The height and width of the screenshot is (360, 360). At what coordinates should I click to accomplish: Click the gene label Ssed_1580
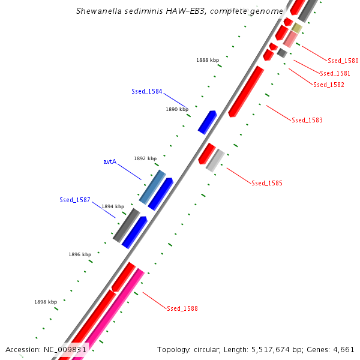point(343,61)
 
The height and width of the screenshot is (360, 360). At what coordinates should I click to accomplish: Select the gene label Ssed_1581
point(335,73)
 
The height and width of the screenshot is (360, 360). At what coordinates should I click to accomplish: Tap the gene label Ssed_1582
point(329,85)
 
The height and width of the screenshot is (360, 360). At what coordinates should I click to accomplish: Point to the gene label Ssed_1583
point(307,120)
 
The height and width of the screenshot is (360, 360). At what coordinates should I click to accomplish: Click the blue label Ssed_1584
point(147,91)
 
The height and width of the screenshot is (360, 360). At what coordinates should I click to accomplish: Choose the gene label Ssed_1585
point(267,183)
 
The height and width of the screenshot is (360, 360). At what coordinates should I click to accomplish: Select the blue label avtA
point(109,161)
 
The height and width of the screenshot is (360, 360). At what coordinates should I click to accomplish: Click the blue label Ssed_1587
point(75,200)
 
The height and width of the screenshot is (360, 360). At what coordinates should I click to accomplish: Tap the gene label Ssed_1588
point(182,308)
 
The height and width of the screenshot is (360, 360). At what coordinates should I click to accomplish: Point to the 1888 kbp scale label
point(208,60)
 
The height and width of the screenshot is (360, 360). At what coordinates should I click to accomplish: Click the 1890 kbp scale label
point(177,109)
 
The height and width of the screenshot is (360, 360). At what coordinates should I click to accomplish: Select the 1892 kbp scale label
point(145,158)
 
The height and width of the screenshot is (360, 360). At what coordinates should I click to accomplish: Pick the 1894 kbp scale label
point(113,206)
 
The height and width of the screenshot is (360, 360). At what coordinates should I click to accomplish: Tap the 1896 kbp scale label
point(80,254)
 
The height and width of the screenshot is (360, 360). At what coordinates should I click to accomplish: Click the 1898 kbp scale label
point(46,302)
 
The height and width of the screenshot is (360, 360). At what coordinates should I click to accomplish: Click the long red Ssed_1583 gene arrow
point(246,91)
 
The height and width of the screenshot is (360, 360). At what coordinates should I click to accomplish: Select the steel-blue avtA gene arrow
point(152,186)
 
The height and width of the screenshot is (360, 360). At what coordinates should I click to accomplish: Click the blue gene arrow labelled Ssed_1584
point(207,122)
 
